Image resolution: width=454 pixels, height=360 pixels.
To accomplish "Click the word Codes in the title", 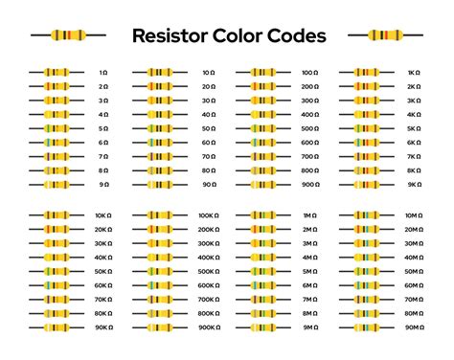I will coord(294,36).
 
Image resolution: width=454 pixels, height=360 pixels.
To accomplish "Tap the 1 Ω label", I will coord(105,73).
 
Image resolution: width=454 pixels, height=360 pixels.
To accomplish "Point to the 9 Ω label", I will coord(105,184).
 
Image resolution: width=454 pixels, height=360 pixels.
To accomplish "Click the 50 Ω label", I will coord(208,128).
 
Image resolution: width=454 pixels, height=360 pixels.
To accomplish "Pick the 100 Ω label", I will coord(309,73).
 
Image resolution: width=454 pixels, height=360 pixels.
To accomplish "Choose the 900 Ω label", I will coord(309,184).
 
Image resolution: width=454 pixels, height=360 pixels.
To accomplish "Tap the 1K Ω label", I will coord(414,73).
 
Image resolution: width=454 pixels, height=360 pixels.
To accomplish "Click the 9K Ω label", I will coord(414,184).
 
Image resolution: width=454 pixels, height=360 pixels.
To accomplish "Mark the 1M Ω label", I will coord(309,216).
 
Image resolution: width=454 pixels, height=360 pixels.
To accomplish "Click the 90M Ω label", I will coord(412,327).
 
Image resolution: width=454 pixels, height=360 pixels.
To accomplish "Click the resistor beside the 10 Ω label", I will coord(160,73).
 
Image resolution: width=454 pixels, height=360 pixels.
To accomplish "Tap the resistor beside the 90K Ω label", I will coord(57,327).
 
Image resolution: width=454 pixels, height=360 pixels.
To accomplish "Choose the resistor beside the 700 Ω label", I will coord(262,156).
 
